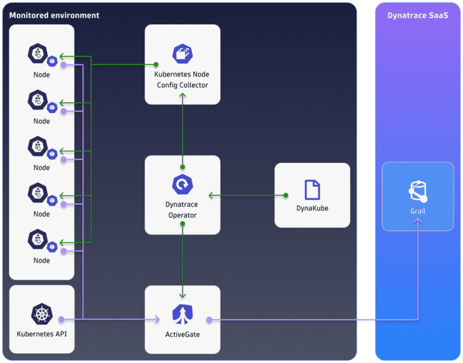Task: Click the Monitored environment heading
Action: pyautogui.click(x=54, y=15)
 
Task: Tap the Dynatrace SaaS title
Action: pyautogui.click(x=418, y=15)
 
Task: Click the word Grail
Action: pyautogui.click(x=418, y=211)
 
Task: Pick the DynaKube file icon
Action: pyautogui.click(x=313, y=190)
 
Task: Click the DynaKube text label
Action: pyautogui.click(x=313, y=208)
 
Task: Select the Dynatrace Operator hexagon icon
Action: pyautogui.click(x=182, y=185)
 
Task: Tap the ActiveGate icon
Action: pyautogui.click(x=182, y=314)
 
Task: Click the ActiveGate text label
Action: pyautogui.click(x=182, y=335)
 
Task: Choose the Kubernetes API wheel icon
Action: pyautogui.click(x=42, y=314)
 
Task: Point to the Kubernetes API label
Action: pyautogui.click(x=42, y=335)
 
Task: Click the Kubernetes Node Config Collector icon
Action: pyautogui.click(x=182, y=54)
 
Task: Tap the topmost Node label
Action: pyautogui.click(x=42, y=75)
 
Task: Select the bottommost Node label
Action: pyautogui.click(x=42, y=261)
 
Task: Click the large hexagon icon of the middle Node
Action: pyautogui.click(x=38, y=146)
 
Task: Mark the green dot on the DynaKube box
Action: pyautogui.click(x=285, y=195)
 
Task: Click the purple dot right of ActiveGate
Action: pyautogui.click(x=210, y=319)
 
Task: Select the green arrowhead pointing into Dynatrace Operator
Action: pyautogui.click(x=211, y=195)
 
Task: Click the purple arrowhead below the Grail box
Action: pyautogui.click(x=418, y=223)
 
